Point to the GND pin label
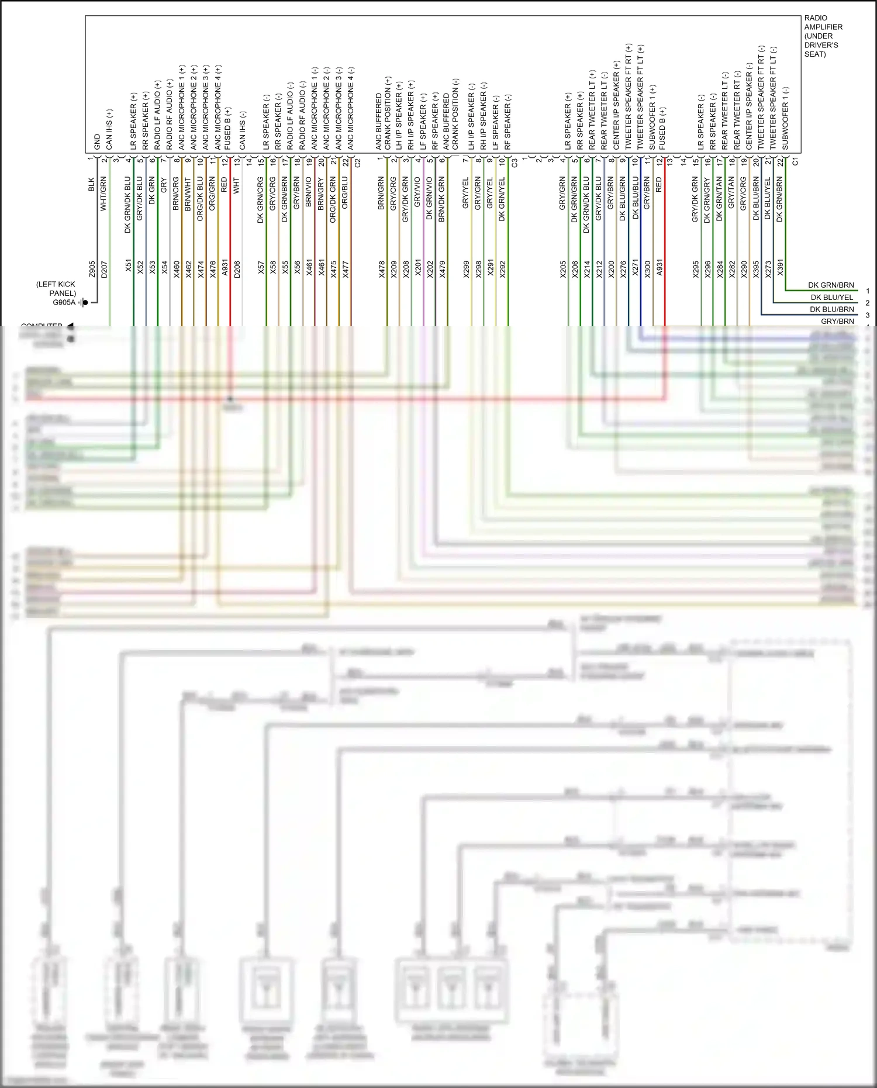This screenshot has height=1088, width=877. click(x=97, y=142)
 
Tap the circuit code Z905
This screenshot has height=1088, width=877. click(x=92, y=269)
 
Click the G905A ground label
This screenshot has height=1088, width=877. click(x=64, y=302)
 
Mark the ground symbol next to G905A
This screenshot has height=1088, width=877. click(x=84, y=302)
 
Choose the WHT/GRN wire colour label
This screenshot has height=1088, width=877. click(x=103, y=194)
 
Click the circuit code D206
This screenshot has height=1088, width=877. click(x=237, y=269)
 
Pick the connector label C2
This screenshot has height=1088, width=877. click(x=358, y=163)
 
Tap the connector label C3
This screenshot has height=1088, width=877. click(x=515, y=163)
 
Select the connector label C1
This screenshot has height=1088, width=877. click(x=795, y=162)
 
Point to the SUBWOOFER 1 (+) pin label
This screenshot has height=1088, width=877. click(x=652, y=117)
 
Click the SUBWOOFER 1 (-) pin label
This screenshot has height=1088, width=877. click(x=785, y=118)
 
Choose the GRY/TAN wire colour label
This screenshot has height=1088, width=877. click(x=731, y=194)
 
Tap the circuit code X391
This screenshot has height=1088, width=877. click(x=780, y=268)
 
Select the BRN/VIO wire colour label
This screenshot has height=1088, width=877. click(x=309, y=194)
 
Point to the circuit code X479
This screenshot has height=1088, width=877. click(x=442, y=269)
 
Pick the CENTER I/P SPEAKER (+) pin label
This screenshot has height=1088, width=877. click(x=616, y=105)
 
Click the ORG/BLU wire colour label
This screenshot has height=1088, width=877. click(x=345, y=194)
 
